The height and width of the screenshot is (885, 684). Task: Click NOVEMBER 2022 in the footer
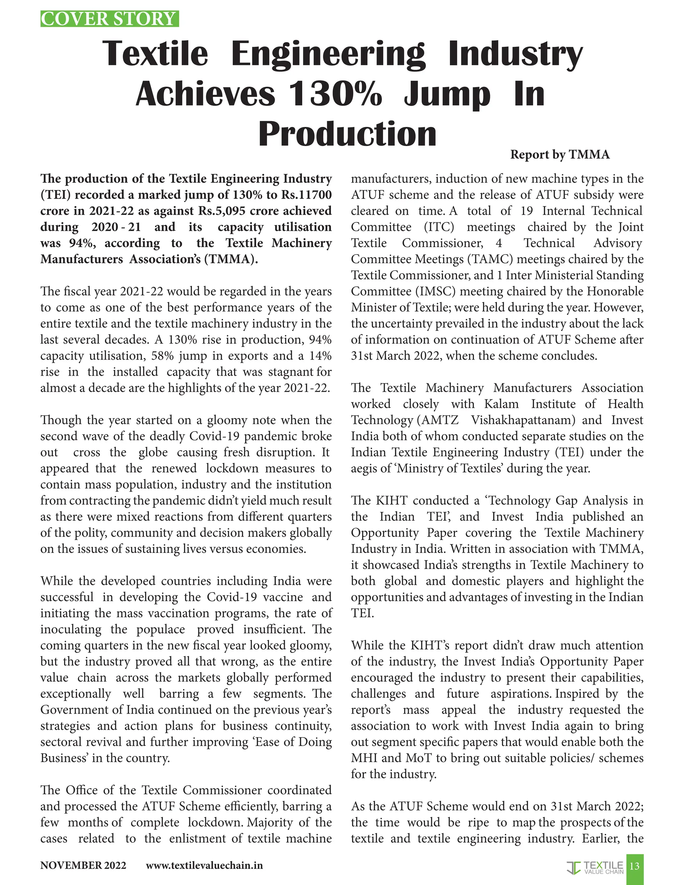point(83,866)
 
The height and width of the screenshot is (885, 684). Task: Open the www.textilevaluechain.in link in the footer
point(204,866)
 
